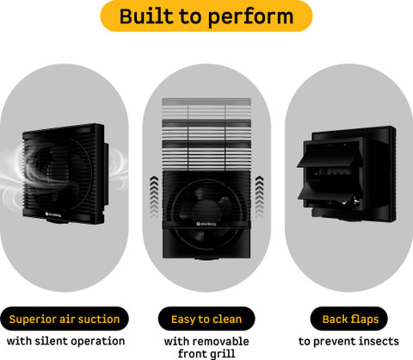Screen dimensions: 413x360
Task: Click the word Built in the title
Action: tap(146, 16)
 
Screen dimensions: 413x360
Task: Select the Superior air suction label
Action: tap(65, 319)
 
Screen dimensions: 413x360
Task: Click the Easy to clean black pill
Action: tap(206, 319)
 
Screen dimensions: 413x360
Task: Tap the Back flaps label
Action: tap(349, 319)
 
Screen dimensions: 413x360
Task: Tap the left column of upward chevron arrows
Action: tap(154, 197)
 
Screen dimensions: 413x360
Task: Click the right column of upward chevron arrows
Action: tap(259, 197)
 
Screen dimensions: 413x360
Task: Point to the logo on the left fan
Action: tap(53, 214)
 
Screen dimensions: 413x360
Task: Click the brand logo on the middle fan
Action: tap(206, 224)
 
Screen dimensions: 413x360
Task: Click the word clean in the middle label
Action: tap(227, 319)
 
